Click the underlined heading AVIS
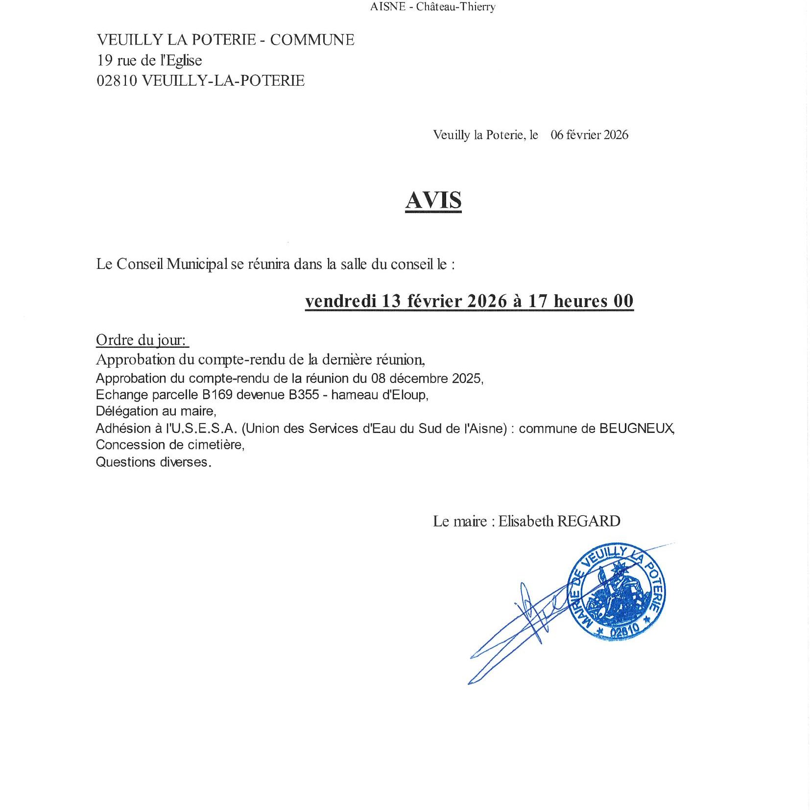(x=433, y=200)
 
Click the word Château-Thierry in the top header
(x=455, y=7)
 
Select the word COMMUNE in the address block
(x=312, y=40)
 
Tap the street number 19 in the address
(x=105, y=60)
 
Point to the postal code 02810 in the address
(x=117, y=80)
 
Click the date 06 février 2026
(x=589, y=135)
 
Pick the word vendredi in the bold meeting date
(x=341, y=301)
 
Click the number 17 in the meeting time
(x=537, y=301)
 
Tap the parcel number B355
(x=304, y=395)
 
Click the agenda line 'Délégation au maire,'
(x=156, y=411)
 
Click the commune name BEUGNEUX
(x=636, y=428)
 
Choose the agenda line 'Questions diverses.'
(x=153, y=462)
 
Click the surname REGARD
(x=589, y=521)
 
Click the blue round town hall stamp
(x=616, y=592)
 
